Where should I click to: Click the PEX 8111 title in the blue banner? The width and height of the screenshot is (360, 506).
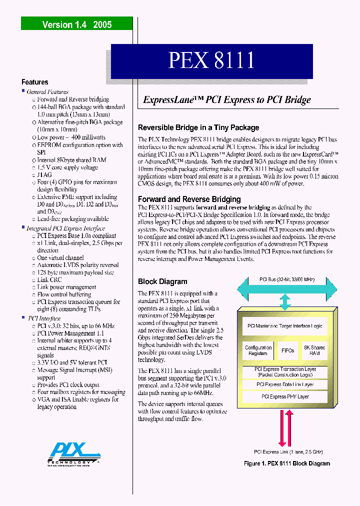(x=211, y=60)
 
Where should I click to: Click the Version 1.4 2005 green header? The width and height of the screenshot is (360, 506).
(x=76, y=24)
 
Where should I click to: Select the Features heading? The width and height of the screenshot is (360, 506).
(x=34, y=82)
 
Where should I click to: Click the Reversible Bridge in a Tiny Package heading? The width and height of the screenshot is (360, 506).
(x=198, y=127)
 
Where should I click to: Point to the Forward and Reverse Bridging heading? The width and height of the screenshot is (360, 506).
(x=189, y=199)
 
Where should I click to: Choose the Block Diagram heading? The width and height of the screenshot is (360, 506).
(x=162, y=281)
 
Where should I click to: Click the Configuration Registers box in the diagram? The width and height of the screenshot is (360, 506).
(x=258, y=350)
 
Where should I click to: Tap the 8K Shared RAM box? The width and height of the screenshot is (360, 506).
(x=314, y=350)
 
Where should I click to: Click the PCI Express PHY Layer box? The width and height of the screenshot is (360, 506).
(x=285, y=396)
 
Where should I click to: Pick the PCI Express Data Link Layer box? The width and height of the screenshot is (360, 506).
(x=285, y=384)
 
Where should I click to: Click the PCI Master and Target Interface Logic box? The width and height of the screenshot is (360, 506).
(x=285, y=326)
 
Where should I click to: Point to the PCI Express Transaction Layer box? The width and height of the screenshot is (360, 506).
(x=285, y=372)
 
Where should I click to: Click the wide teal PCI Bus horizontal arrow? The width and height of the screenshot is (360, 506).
(x=285, y=288)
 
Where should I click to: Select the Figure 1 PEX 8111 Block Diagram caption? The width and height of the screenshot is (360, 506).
(x=287, y=463)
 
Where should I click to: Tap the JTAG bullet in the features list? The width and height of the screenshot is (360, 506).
(x=44, y=175)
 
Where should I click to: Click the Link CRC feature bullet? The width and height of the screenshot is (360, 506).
(x=49, y=279)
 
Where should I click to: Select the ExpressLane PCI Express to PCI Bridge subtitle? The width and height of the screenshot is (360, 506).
(x=227, y=99)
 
